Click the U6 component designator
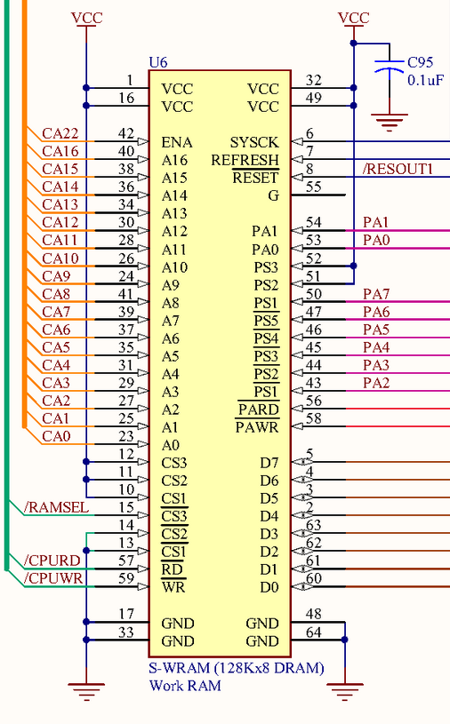(x=158, y=62)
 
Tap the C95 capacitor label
(x=420, y=62)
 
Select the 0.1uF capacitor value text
(x=425, y=80)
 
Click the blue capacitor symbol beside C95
(x=389, y=66)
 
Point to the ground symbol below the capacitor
(x=389, y=122)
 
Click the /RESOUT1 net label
(x=398, y=169)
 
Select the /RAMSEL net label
(x=56, y=507)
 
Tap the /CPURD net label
(x=52, y=560)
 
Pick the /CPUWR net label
(x=53, y=578)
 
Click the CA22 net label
(x=60, y=133)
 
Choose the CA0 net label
(x=56, y=436)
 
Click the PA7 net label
(x=376, y=294)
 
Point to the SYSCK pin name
(x=254, y=142)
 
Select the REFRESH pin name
(x=245, y=160)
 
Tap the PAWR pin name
(x=257, y=427)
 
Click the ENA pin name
(x=176, y=142)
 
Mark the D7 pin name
(x=269, y=463)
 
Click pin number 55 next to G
(x=314, y=187)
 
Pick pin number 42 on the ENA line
(x=126, y=133)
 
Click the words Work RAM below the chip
(x=185, y=686)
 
